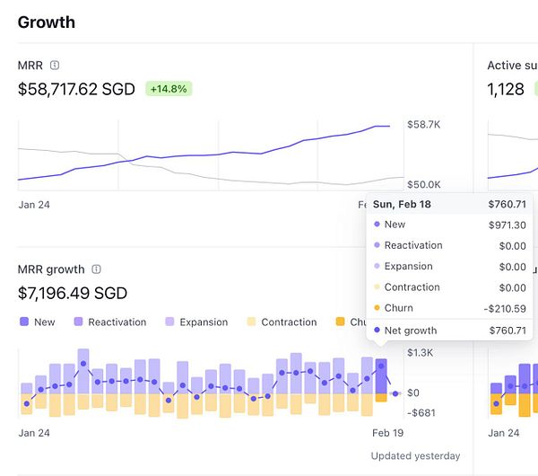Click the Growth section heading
[47, 22]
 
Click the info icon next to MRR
[55, 66]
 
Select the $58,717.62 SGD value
[78, 89]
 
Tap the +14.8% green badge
[169, 89]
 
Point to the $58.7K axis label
[423, 125]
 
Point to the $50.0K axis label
[423, 184]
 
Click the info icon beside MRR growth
[96, 269]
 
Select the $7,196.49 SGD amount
[73, 293]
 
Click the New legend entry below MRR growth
[37, 322]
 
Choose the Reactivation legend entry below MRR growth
[109, 322]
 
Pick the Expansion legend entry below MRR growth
[197, 322]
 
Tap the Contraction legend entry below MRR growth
[282, 322]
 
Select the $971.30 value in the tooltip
[508, 225]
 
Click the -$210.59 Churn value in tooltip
[505, 308]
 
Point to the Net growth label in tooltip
[411, 331]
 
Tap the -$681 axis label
[421, 412]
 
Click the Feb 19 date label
[387, 432]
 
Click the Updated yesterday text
[415, 455]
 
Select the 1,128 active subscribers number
[506, 89]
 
